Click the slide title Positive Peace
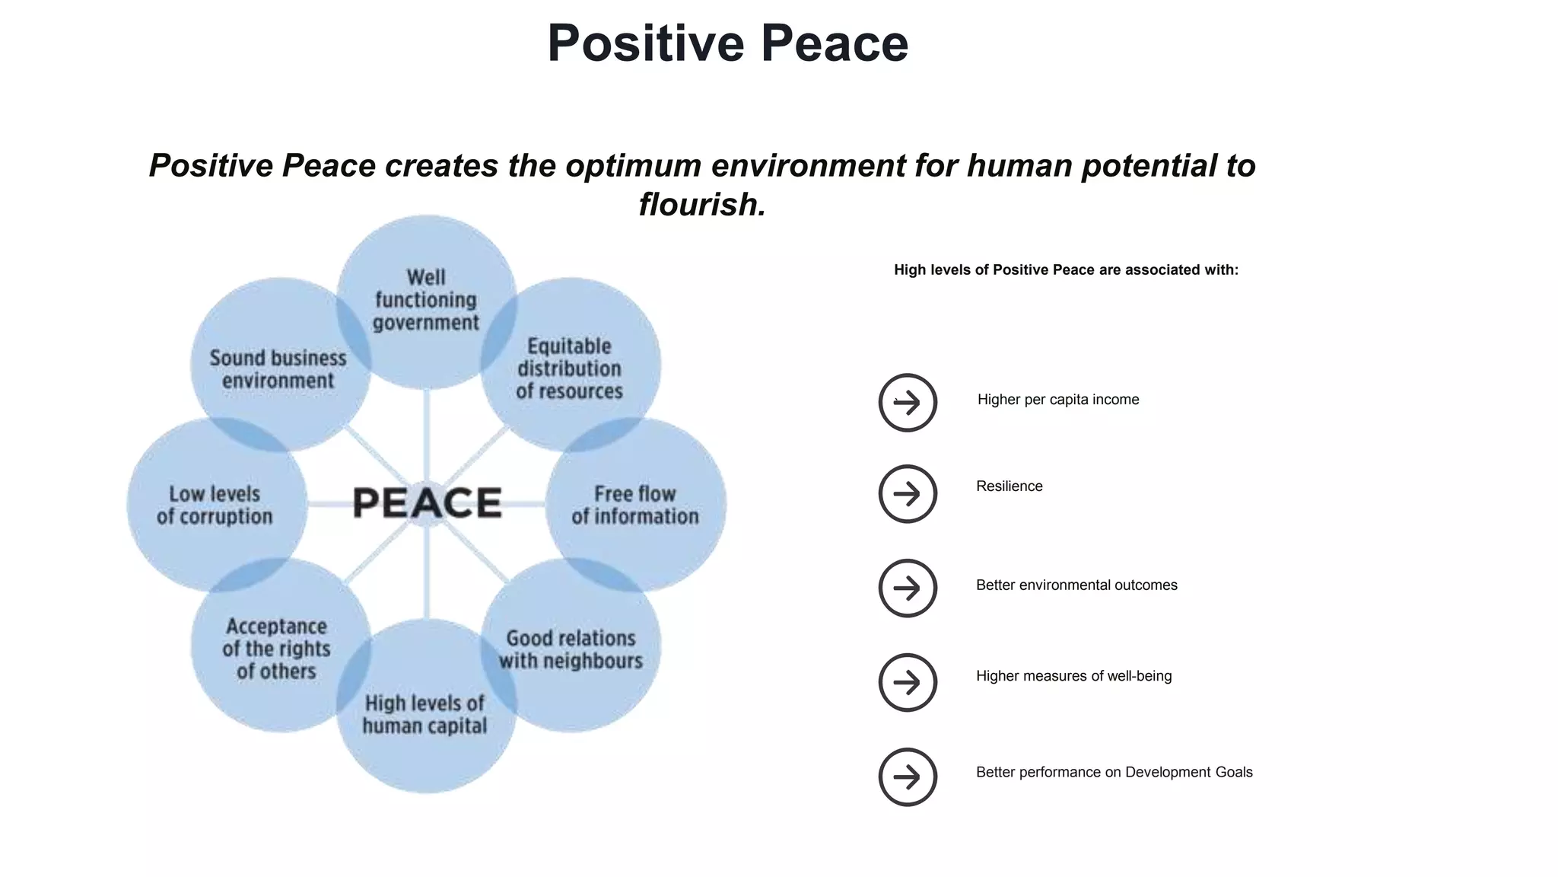tap(727, 43)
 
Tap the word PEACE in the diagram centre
tap(427, 503)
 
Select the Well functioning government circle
tap(426, 301)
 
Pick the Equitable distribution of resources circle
tap(570, 368)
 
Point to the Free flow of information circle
tap(635, 505)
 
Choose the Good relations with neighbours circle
tap(571, 649)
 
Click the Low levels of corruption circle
tap(215, 505)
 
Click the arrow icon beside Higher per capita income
tap(907, 402)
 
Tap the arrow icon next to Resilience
tap(907, 493)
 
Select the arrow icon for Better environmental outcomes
tap(907, 588)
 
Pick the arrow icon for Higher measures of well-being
tap(907, 682)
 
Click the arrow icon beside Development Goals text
tap(907, 777)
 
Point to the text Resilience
tap(1009, 486)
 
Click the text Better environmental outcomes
tap(1076, 585)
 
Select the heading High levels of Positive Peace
tap(1065, 270)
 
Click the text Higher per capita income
tap(1057, 400)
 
